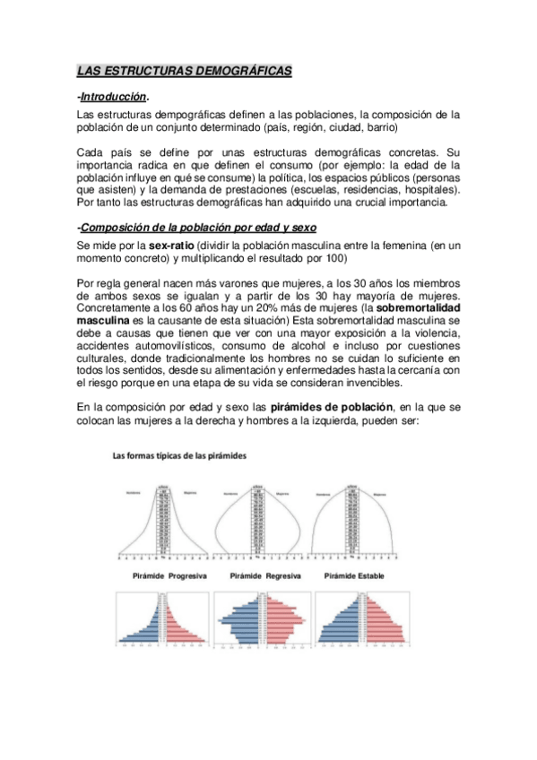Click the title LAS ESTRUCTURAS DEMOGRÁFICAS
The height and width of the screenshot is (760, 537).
tap(184, 70)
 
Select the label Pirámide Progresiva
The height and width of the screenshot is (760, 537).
tap(165, 575)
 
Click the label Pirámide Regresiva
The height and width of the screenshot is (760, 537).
tap(264, 575)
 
